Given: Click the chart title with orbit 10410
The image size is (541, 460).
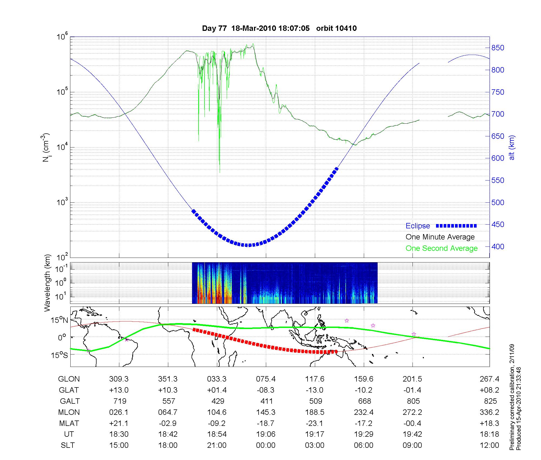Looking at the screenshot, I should coord(279,28).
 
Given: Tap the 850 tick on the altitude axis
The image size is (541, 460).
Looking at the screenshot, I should coord(498,48).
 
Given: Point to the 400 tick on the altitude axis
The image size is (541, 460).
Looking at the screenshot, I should coord(498,247).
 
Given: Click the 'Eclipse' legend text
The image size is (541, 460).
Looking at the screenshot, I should coord(418,226).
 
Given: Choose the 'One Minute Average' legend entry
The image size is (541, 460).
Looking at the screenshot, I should coord(440,237).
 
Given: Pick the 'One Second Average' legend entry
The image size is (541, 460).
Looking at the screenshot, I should coord(441,248).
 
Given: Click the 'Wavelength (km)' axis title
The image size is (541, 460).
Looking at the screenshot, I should coord(47,283).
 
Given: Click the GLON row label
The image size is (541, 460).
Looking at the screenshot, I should coord(69,379).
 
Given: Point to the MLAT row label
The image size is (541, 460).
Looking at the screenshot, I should coord(69,423).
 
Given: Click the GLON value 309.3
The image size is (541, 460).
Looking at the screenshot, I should coord(119,379).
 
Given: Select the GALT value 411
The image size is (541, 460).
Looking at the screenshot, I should coord(266,401).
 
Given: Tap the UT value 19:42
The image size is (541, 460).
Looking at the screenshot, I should coord(413,434).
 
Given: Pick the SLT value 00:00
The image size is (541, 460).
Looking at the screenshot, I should coord(266,445).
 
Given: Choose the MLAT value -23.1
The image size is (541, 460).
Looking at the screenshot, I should coord(315,423).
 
